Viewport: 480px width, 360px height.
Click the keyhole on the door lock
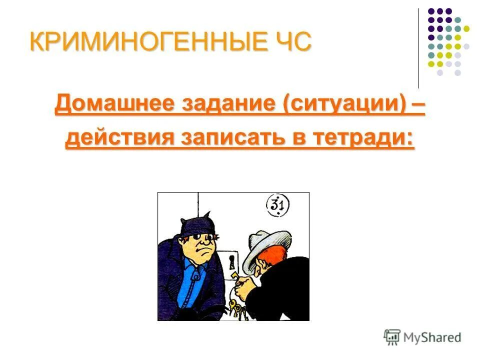[x=231, y=261]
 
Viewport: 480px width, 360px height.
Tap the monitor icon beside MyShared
[x=392, y=337]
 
